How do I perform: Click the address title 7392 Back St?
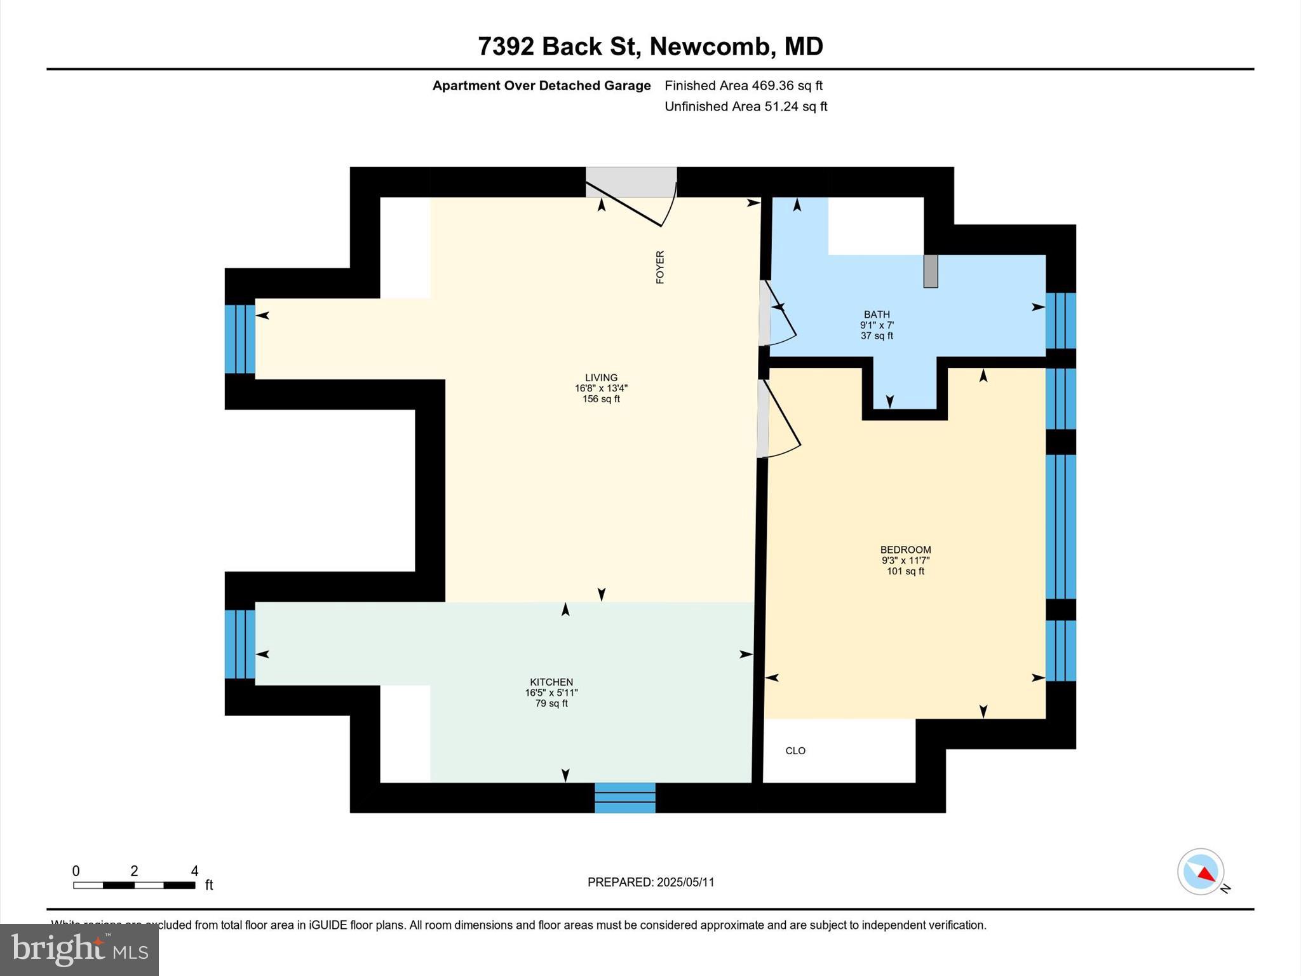(x=650, y=46)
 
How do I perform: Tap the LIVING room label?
(x=601, y=377)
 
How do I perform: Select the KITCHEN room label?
(x=551, y=682)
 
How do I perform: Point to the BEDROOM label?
(x=905, y=550)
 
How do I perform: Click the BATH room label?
(x=877, y=315)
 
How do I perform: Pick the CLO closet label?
(x=795, y=750)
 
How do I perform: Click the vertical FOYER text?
(x=660, y=267)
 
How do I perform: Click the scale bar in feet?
(x=134, y=884)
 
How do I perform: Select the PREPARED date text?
(x=650, y=882)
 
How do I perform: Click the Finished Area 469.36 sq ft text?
(x=743, y=85)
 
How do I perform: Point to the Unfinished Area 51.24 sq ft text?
(x=746, y=106)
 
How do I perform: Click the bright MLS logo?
(x=79, y=950)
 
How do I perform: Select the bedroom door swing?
(x=781, y=419)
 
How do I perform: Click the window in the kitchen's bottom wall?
(x=625, y=797)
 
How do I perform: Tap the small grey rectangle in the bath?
(x=930, y=271)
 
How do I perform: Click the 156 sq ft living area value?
(x=601, y=399)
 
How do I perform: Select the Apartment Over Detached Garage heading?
(x=541, y=85)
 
